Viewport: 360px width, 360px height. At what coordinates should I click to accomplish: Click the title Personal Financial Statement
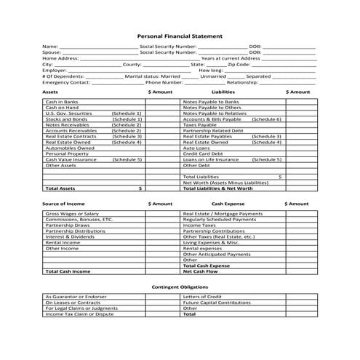point(180,35)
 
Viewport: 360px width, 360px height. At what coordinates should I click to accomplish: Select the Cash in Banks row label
point(62,102)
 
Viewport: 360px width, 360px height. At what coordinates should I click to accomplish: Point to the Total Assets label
point(60,188)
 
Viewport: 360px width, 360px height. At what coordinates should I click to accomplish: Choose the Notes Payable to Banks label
point(212,102)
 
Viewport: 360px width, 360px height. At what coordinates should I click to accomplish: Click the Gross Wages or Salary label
point(72,214)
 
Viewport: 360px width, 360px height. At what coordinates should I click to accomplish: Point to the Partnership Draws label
point(68,225)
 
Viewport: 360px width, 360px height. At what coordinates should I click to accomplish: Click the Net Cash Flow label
point(199,271)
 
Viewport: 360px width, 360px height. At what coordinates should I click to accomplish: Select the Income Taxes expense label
point(200,225)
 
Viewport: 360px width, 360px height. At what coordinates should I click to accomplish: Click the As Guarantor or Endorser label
point(76,297)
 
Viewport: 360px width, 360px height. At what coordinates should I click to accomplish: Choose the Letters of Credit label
point(203,297)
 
